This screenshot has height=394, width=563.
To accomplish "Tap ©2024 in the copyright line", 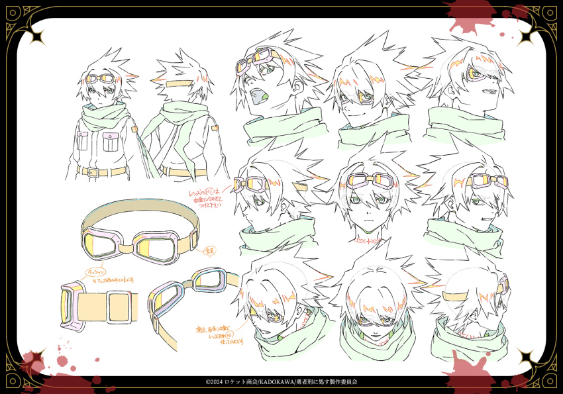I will click(217, 383).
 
